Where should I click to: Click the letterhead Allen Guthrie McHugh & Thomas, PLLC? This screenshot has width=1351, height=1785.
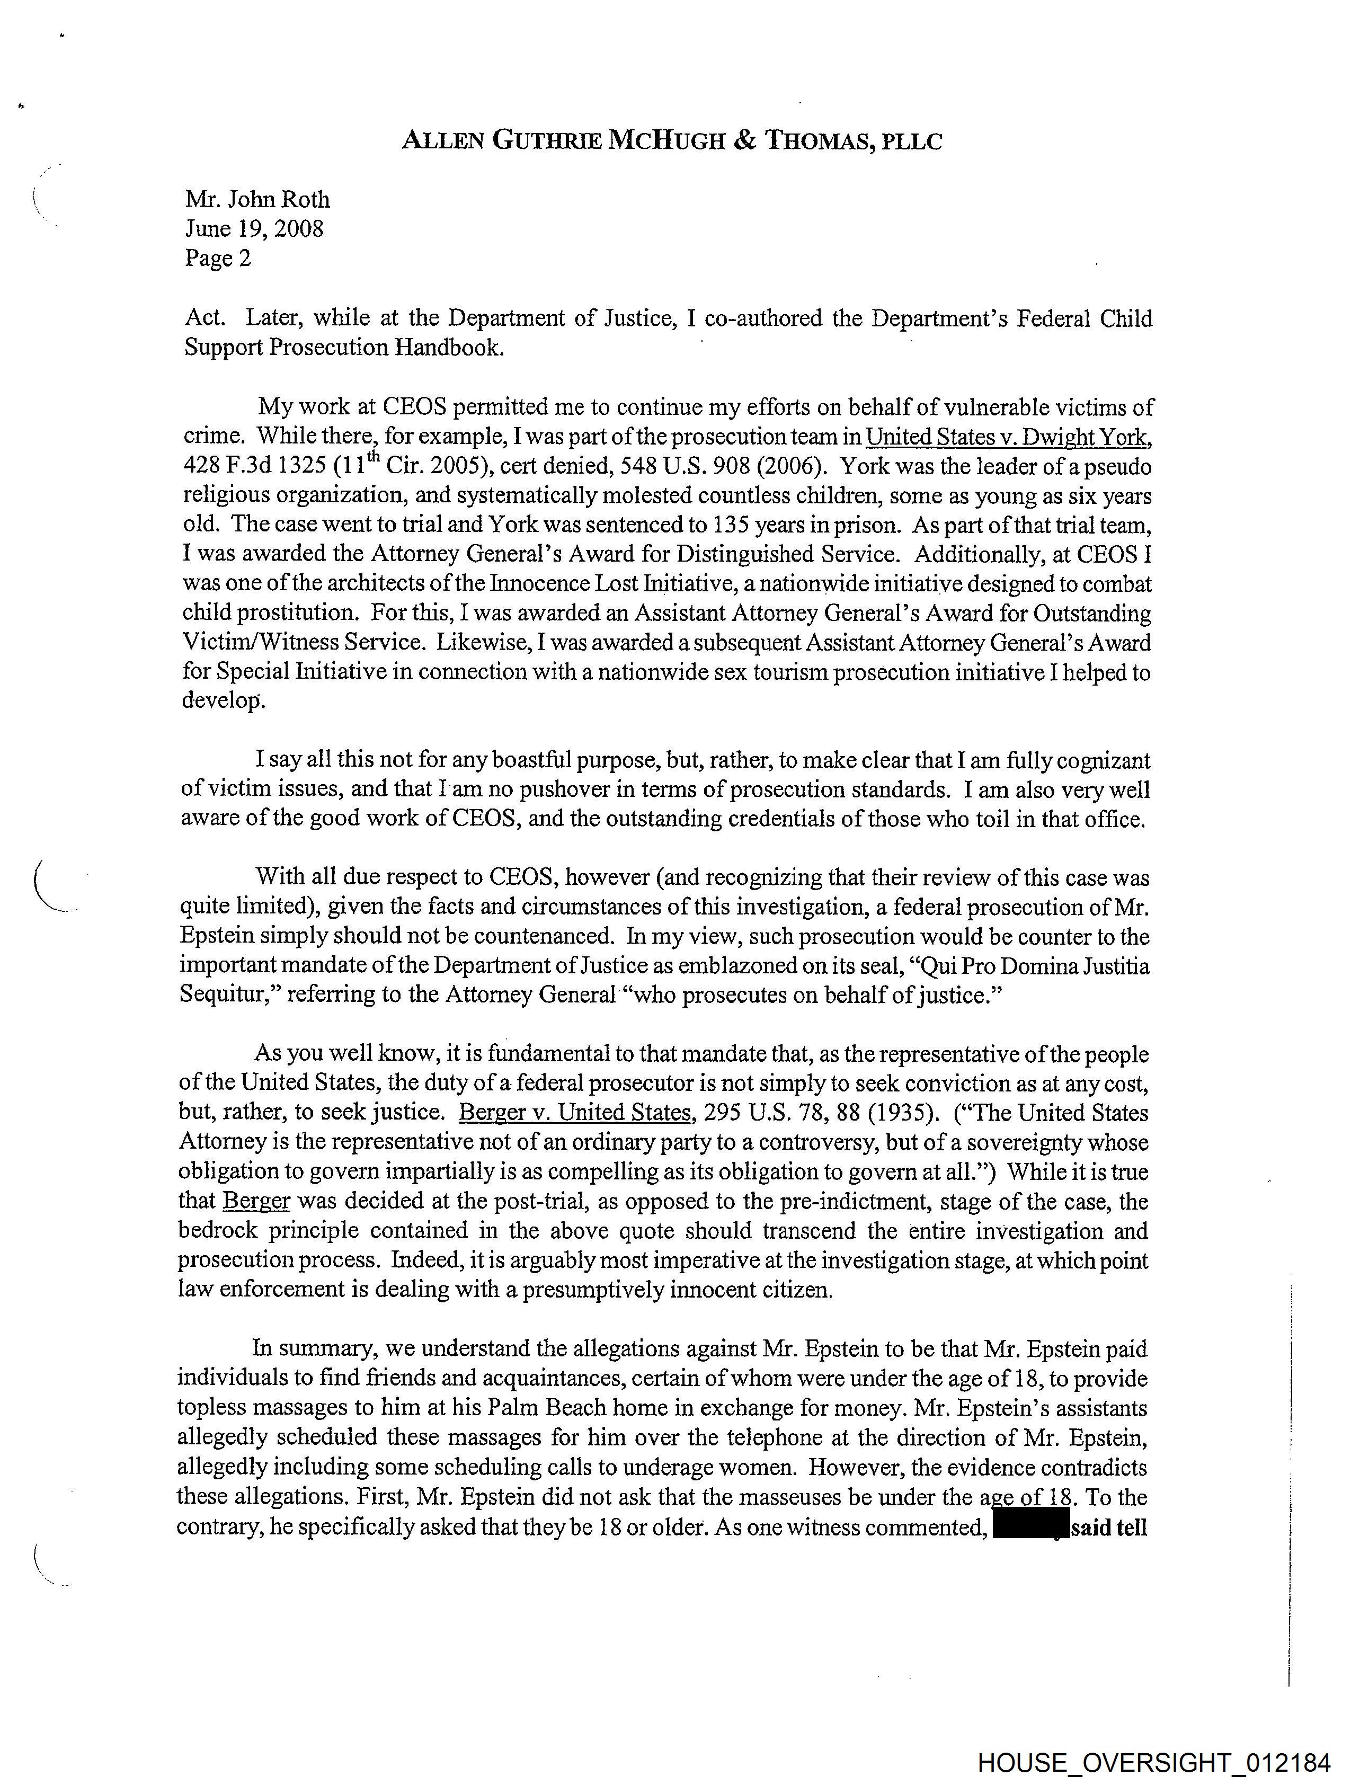coord(671,141)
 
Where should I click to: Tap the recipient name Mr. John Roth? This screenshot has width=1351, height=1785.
coord(257,199)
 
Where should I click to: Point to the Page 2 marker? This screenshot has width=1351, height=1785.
coord(218,258)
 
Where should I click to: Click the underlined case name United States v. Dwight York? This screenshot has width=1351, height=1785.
coord(1007,437)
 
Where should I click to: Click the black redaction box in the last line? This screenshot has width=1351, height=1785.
coord(1030,1528)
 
